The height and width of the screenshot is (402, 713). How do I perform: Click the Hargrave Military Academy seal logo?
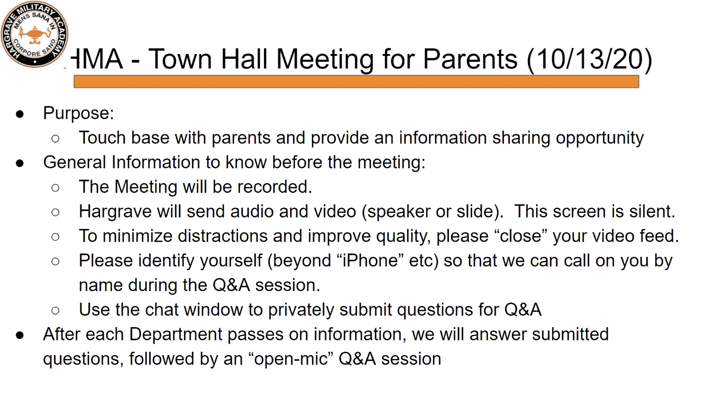[35, 34]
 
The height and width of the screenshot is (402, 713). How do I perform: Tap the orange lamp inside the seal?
[35, 35]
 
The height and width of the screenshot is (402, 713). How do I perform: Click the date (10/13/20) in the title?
[589, 59]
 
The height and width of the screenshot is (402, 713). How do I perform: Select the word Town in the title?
[180, 59]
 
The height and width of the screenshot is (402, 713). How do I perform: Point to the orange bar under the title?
[356, 82]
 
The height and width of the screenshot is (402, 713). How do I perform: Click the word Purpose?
[78, 114]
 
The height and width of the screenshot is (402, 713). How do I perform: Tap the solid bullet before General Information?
[20, 163]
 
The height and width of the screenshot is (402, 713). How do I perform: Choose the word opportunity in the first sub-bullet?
[600, 138]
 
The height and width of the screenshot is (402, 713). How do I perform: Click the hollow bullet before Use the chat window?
[55, 311]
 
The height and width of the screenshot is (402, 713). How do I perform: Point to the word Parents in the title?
[470, 59]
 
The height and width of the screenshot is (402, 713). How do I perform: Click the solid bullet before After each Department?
[20, 336]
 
